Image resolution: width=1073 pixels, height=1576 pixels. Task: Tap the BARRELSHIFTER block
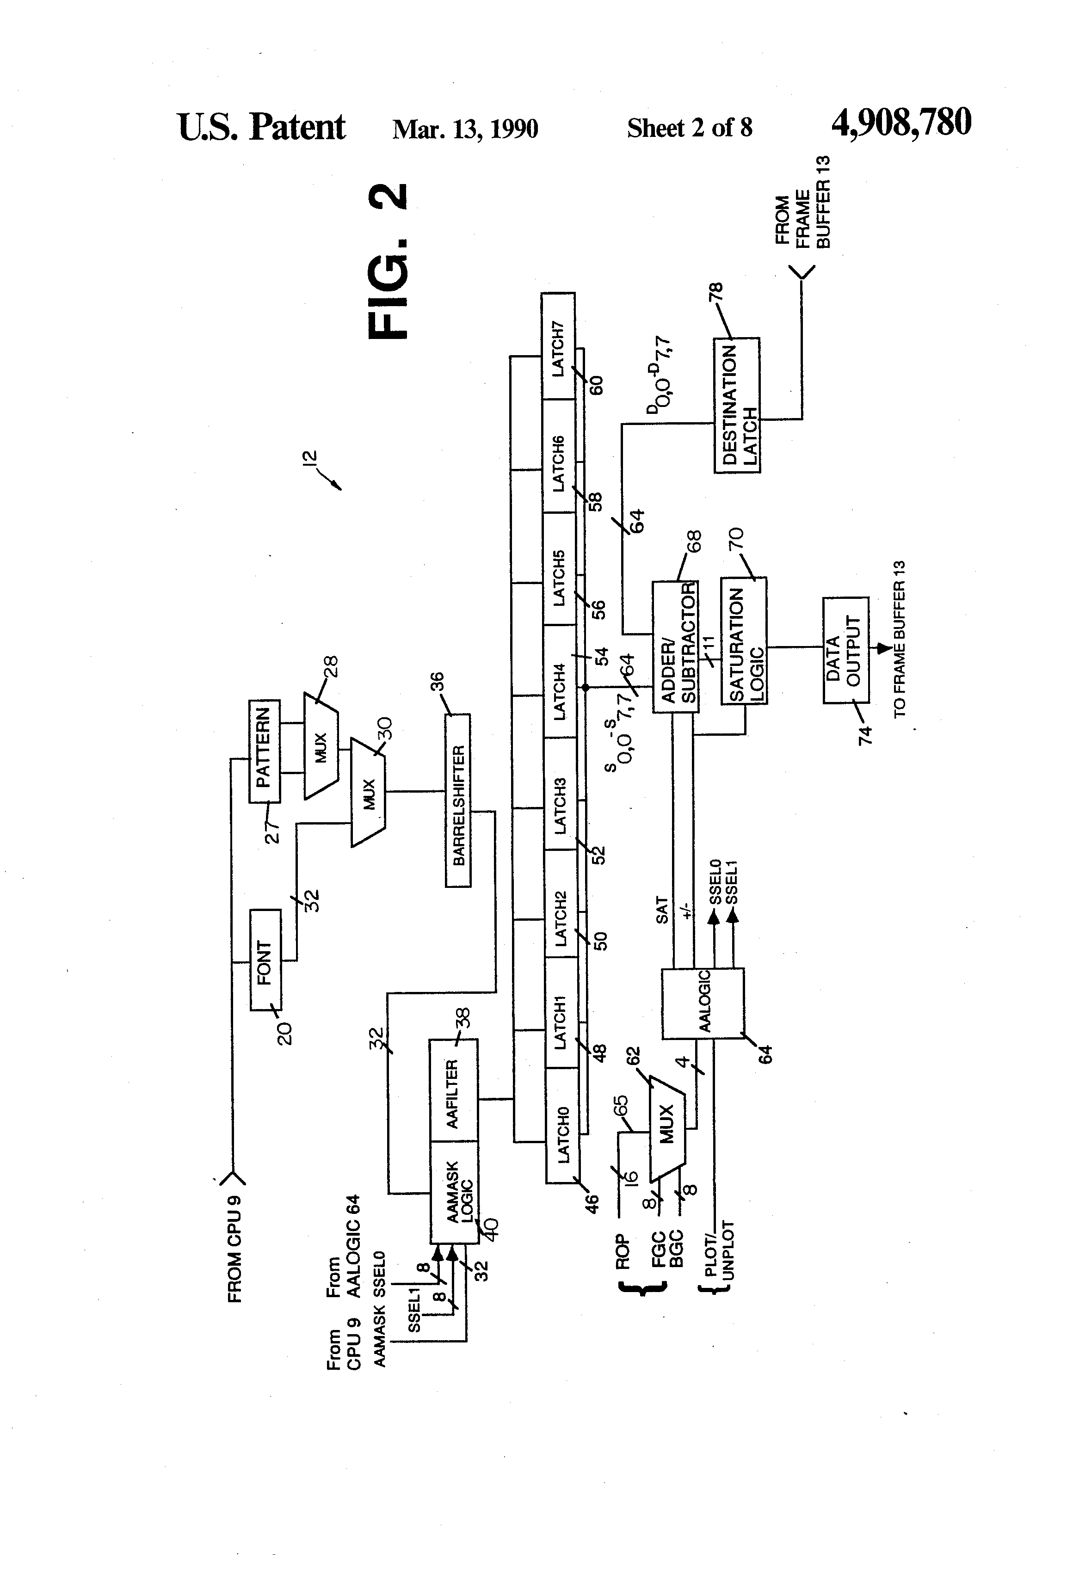coord(458,800)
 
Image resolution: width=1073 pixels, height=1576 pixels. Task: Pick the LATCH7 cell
coord(558,346)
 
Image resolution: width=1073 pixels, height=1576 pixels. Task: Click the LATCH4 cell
coord(560,682)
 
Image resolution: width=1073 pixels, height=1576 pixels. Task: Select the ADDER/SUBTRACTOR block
coord(676,647)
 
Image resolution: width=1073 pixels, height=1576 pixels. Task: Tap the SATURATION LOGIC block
coord(744,641)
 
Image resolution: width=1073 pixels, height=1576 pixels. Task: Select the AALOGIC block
coord(703,1003)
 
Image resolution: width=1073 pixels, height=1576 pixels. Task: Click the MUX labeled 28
coord(321,745)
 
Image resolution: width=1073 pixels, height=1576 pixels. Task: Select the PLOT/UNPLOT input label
coord(720,1259)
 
